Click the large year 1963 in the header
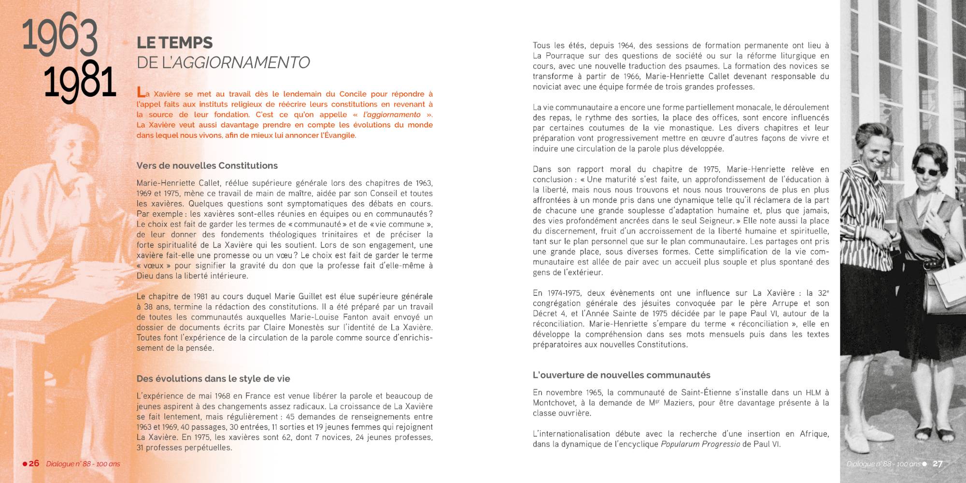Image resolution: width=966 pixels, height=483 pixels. point(60,36)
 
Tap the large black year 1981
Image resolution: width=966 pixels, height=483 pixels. point(80,81)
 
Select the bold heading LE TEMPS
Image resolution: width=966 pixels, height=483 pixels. point(174,43)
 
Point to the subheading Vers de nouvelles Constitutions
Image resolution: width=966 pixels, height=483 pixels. point(207,166)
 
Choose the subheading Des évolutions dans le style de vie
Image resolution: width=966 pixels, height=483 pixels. point(213,379)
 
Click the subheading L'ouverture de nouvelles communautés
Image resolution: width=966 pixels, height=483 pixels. point(621,375)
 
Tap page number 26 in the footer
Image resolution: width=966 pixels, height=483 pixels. point(34,463)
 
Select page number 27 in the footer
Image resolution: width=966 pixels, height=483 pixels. point(937,464)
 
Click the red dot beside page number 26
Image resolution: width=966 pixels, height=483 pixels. point(25,464)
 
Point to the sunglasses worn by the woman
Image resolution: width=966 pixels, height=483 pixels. point(923,171)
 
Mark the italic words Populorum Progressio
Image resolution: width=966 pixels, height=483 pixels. point(700,444)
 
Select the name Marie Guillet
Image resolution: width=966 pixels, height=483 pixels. point(305,296)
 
